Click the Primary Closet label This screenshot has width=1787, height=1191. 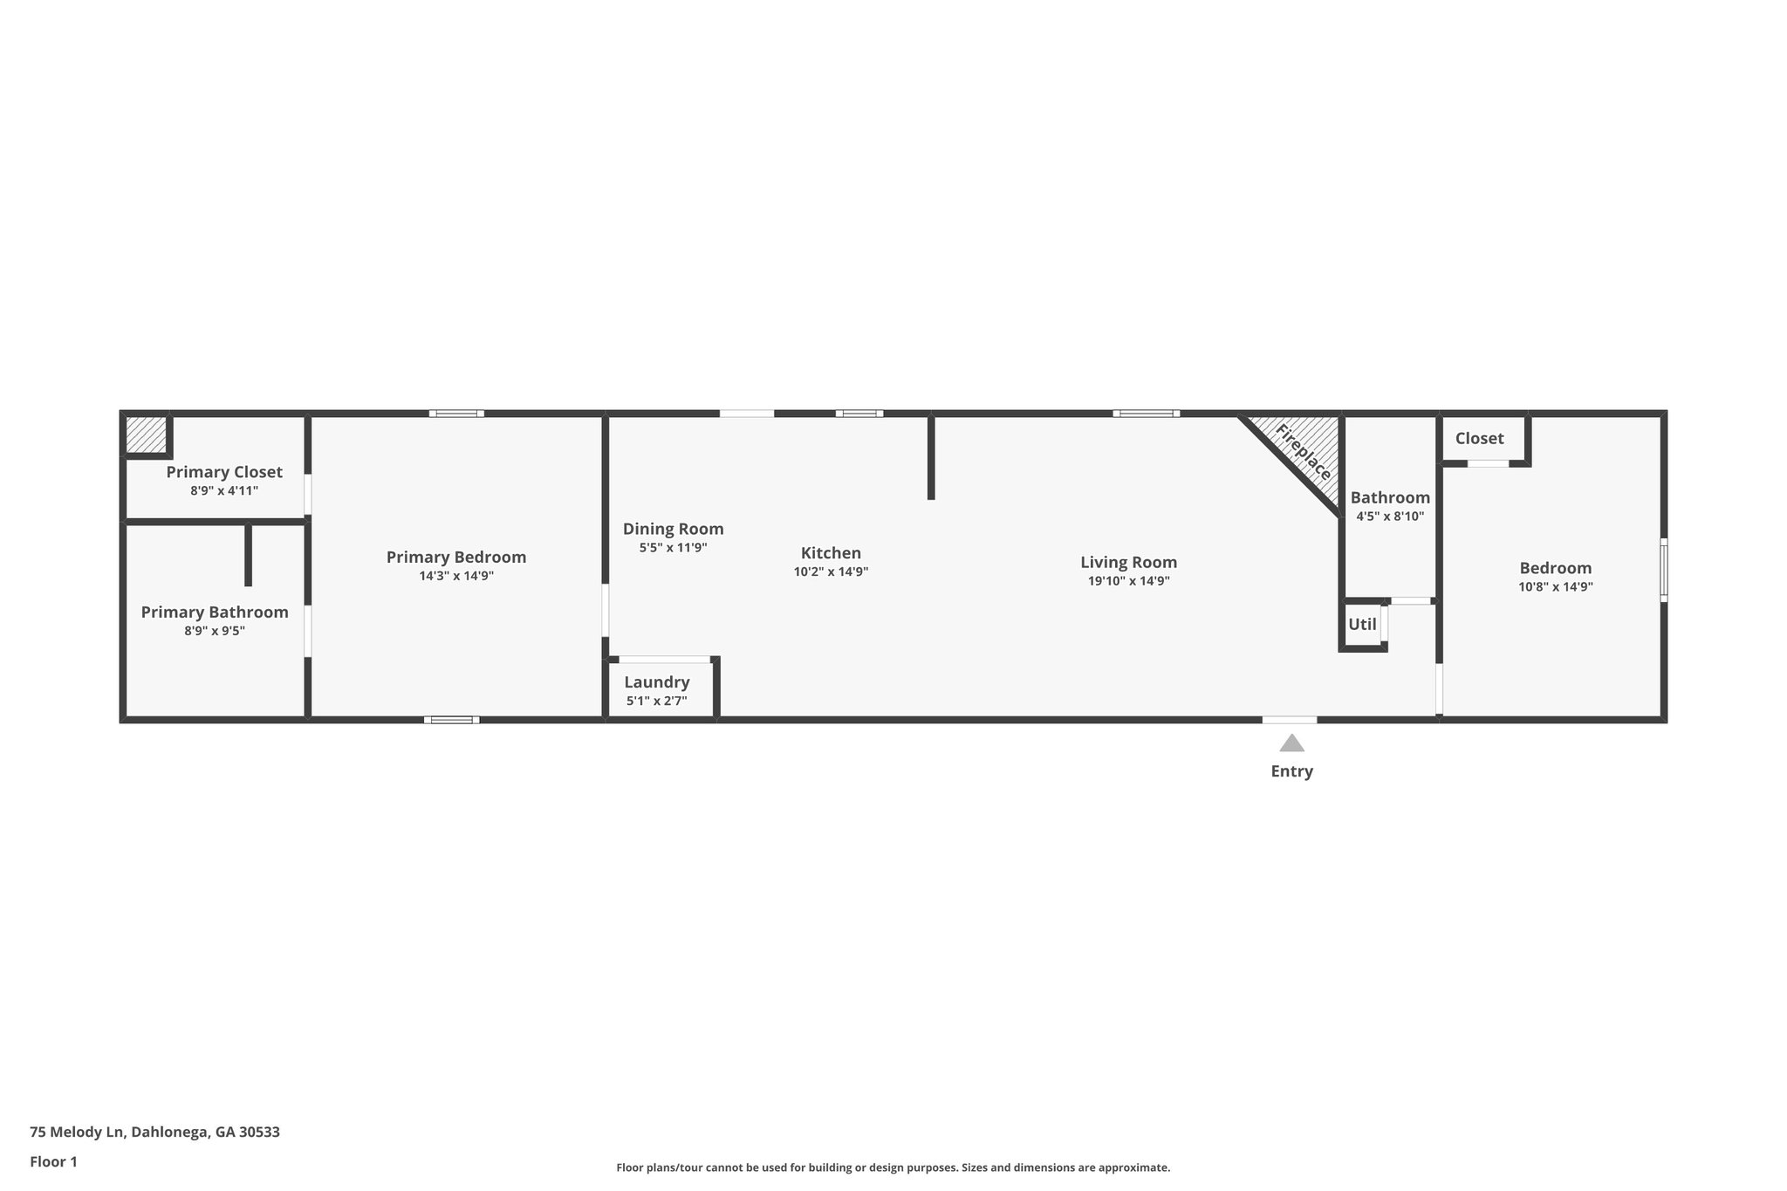click(224, 472)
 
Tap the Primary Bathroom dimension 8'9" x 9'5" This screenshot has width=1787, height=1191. click(215, 631)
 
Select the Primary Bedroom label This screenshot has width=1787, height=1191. click(456, 557)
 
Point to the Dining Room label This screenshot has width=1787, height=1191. click(673, 529)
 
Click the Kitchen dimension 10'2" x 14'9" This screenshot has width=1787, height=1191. click(831, 572)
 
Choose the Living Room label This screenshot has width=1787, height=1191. click(1128, 563)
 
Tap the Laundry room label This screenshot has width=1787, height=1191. click(656, 682)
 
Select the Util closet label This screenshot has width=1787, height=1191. click(1362, 625)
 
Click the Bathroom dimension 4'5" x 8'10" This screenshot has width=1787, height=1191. click(1390, 517)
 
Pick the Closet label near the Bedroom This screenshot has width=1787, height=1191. click(1479, 438)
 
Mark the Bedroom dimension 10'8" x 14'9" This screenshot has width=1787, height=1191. click(1555, 587)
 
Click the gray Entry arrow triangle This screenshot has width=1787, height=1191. click(1291, 743)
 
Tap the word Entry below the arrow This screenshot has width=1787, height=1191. click(1291, 771)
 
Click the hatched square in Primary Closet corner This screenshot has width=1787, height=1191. click(146, 435)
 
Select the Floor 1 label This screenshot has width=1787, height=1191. click(53, 1161)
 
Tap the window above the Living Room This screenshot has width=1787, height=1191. click(1146, 414)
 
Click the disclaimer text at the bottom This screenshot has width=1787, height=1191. click(893, 1167)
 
